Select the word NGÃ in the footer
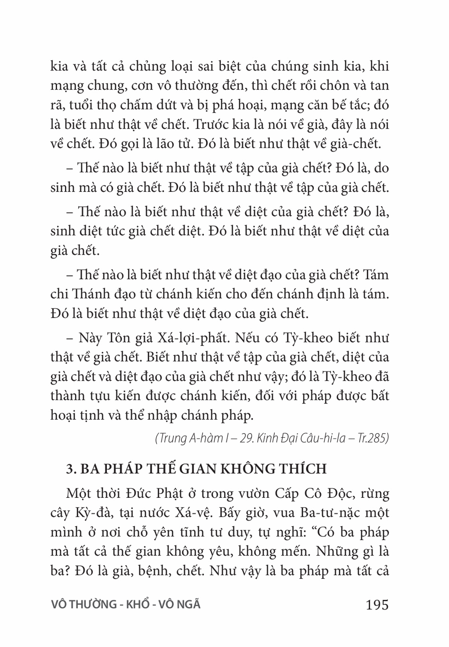tap(189, 605)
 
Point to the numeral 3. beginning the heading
tap(70, 469)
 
